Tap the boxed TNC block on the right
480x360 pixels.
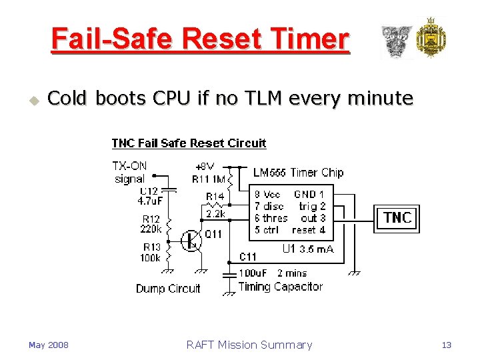point(397,218)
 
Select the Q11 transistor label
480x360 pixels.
point(213,234)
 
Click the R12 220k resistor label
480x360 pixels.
point(151,224)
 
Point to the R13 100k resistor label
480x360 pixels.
point(151,253)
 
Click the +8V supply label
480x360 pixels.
point(205,167)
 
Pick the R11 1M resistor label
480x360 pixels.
point(209,179)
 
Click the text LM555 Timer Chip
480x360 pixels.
point(298,173)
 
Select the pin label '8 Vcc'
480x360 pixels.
point(267,195)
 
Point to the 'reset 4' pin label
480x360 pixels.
point(309,229)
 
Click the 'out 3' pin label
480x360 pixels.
point(313,218)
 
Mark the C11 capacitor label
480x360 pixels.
point(248,257)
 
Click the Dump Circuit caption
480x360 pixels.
point(168,289)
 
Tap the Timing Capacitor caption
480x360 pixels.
point(280,287)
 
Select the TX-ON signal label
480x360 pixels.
point(129,172)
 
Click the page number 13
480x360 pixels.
point(447,345)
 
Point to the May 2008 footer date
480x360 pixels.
point(48,345)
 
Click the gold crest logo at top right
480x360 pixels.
point(431,38)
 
